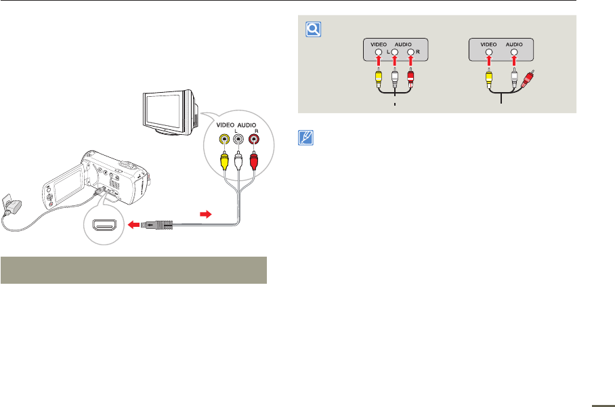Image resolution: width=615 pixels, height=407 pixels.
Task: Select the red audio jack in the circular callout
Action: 255,139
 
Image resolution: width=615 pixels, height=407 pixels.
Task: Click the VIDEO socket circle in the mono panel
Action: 487,51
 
